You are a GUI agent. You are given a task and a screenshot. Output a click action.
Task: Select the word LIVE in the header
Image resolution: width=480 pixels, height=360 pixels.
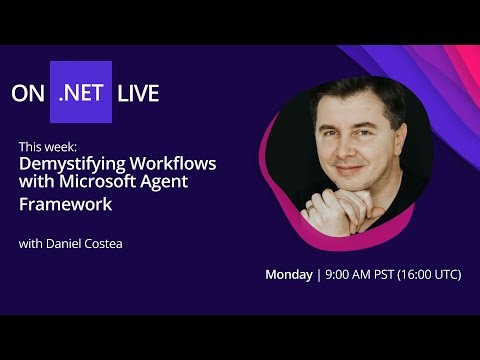point(138,94)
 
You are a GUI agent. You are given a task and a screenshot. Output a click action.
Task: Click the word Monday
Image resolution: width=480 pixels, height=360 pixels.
point(288,275)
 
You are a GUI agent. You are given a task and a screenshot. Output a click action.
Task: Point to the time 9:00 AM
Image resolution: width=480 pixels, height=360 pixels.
point(350,275)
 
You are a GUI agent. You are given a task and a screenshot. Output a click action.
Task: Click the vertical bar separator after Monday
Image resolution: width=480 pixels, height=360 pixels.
point(318,275)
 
